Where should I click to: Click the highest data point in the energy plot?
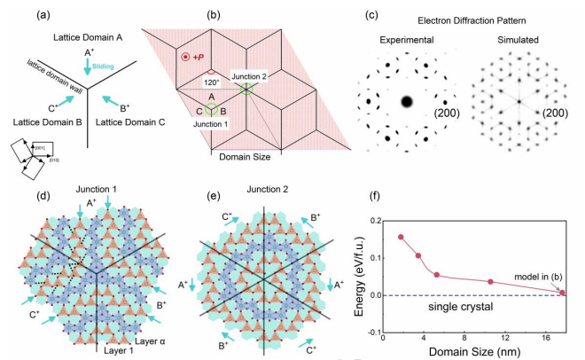pyautogui.click(x=401, y=237)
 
